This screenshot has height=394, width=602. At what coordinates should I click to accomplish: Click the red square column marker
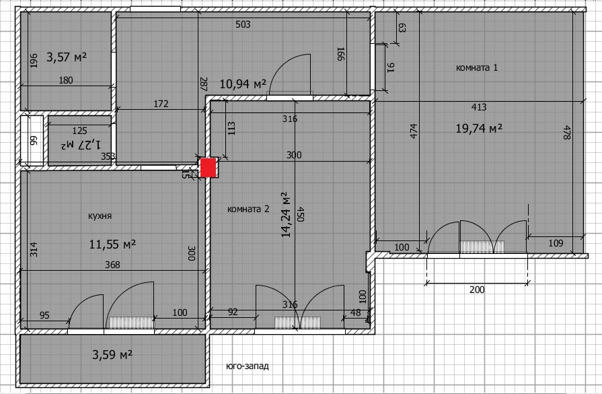click(209, 168)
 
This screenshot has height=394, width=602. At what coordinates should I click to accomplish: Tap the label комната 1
click(477, 67)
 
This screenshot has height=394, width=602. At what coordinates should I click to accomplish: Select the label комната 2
click(248, 209)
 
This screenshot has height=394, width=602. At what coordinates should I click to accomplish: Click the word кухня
click(100, 216)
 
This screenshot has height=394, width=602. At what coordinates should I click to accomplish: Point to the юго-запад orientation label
click(248, 366)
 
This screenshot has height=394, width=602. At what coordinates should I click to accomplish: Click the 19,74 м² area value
click(479, 128)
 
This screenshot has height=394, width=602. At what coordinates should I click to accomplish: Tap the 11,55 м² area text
click(112, 244)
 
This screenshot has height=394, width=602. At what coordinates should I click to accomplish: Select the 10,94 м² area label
click(243, 84)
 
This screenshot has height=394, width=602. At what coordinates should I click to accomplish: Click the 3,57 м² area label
click(67, 57)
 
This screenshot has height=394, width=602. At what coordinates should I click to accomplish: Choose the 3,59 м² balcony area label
click(112, 354)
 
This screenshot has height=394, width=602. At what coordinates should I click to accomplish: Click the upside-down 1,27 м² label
click(80, 145)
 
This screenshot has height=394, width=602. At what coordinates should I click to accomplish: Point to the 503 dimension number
click(243, 25)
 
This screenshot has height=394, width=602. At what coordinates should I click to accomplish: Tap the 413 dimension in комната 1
click(479, 107)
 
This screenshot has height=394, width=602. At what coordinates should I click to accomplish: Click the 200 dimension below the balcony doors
click(477, 290)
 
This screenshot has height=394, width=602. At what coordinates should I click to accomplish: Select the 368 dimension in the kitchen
click(112, 265)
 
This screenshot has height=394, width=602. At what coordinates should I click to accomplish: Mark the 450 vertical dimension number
click(301, 214)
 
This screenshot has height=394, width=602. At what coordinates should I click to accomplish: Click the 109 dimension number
click(556, 243)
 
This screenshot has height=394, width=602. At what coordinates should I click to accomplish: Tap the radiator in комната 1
click(482, 247)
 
